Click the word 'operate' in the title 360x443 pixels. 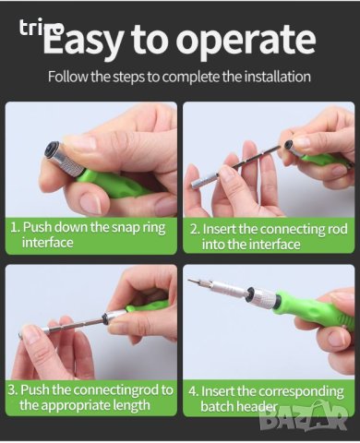(246, 40)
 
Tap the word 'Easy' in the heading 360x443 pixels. (82, 40)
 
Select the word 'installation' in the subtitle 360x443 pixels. (277, 77)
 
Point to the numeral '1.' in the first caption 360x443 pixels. (16, 227)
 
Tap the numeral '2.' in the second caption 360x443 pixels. (195, 230)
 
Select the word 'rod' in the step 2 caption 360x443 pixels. (338, 229)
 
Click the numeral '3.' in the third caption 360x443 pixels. (13, 390)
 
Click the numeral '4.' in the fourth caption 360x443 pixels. (194, 391)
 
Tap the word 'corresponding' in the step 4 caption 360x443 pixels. (301, 392)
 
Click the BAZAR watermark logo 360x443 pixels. (303, 418)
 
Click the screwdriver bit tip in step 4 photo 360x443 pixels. (191, 281)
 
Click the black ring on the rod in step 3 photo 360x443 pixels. (106, 318)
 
